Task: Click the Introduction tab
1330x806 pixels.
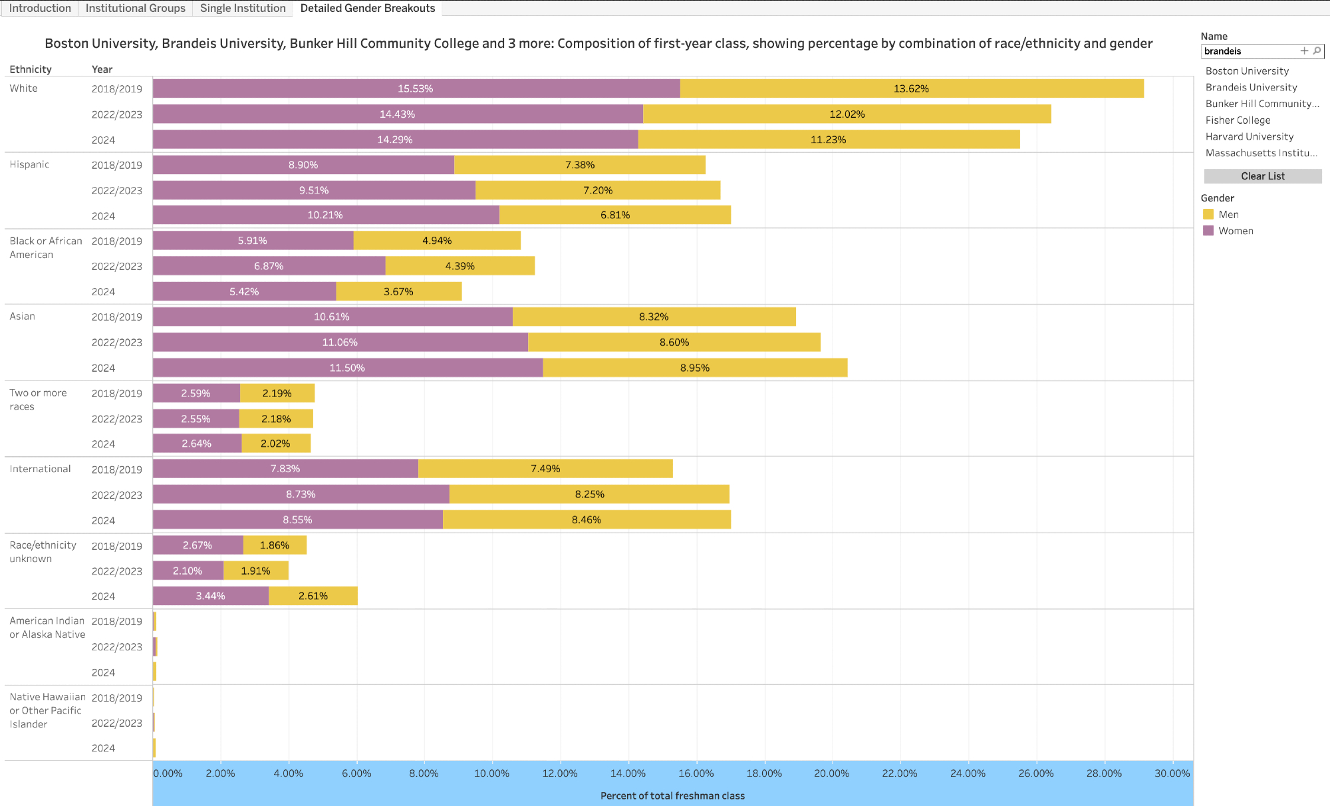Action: coord(40,8)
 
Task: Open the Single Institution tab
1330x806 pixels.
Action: coord(243,8)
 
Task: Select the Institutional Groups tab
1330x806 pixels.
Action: coord(135,8)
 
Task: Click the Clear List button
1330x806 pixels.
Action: coord(1262,176)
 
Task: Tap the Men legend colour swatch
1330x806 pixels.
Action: coord(1208,214)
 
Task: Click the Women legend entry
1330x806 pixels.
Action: coord(1235,231)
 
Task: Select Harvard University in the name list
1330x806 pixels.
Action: coord(1249,136)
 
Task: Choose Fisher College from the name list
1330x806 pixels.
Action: coord(1238,120)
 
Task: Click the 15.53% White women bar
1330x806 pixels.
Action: coord(416,88)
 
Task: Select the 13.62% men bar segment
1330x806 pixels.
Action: coord(911,88)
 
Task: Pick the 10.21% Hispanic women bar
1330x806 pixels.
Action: coord(325,215)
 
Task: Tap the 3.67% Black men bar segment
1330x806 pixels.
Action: coord(398,291)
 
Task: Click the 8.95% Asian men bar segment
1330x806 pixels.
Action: coord(695,368)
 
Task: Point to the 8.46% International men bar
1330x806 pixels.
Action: coord(587,519)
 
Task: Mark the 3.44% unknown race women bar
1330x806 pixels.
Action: coord(210,596)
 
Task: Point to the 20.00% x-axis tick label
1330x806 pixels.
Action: coord(831,773)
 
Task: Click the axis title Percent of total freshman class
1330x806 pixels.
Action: coord(672,796)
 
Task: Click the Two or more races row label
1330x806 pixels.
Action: coord(38,400)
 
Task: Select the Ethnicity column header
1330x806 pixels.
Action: coord(31,69)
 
